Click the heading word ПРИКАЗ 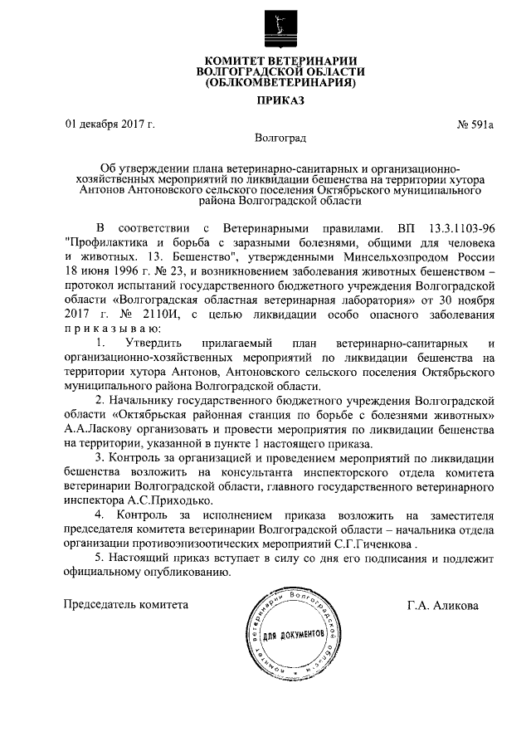pos(280,101)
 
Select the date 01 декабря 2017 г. pos(110,125)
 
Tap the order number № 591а pos(475,125)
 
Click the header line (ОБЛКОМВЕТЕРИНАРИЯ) pos(280,84)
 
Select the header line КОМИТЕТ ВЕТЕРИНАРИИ pos(280,60)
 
